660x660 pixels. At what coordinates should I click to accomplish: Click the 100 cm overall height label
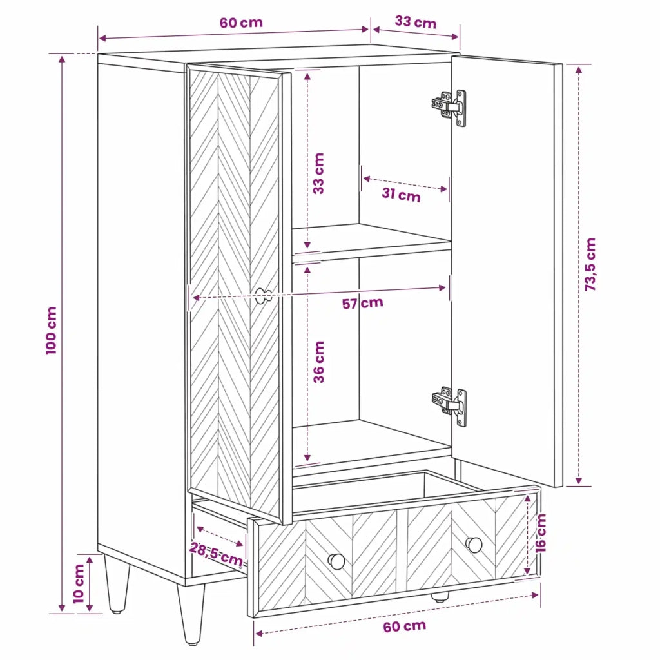51,331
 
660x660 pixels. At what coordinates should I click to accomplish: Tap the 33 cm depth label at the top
416,22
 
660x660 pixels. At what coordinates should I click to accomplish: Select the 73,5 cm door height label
590,264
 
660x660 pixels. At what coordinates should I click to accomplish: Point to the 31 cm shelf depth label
401,195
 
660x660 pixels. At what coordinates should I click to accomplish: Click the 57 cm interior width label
362,303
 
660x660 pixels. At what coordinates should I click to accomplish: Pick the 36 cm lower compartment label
318,362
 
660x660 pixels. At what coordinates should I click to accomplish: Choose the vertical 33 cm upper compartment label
318,173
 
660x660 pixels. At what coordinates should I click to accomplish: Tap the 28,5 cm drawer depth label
216,554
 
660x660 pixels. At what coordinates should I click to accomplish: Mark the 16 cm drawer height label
540,533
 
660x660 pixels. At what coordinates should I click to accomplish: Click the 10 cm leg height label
79,584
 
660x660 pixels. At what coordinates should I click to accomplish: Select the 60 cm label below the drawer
405,626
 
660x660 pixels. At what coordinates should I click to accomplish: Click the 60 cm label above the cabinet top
241,23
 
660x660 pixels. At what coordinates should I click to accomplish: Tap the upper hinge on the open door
449,108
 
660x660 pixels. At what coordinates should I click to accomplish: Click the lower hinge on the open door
449,407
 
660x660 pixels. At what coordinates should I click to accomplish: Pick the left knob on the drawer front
336,561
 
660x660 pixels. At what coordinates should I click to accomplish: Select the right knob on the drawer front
474,545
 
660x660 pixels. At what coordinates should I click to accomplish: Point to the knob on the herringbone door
264,296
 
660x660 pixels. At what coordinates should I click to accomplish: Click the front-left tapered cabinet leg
116,584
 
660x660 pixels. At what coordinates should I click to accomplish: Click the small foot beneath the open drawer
440,597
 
